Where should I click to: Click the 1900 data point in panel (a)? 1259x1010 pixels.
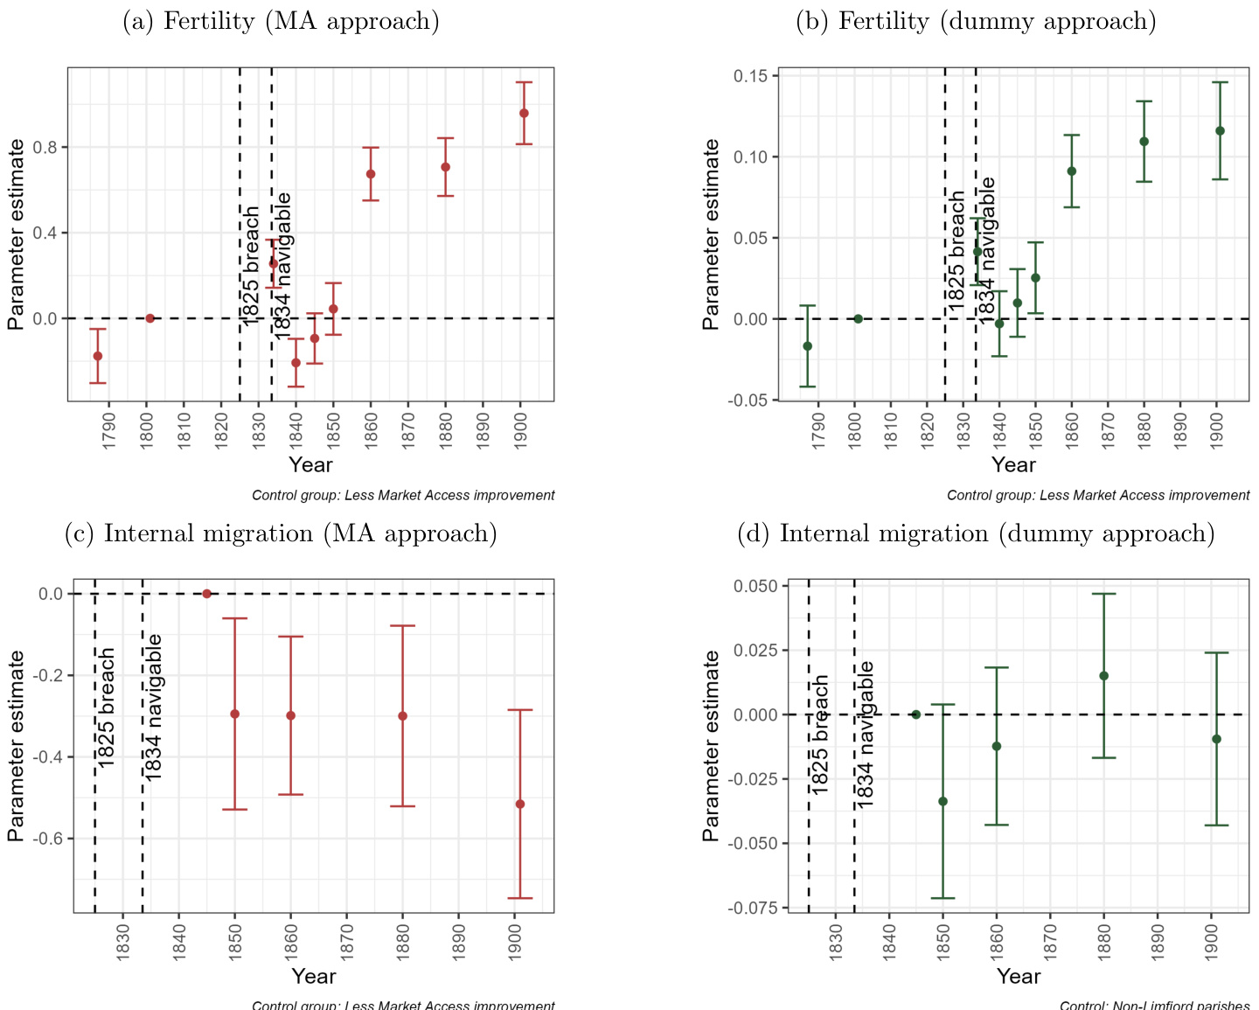pos(524,113)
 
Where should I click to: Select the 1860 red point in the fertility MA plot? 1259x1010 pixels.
pos(371,174)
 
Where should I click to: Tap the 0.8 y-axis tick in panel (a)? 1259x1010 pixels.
pos(45,147)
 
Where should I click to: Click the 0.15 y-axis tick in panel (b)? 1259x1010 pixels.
pos(751,76)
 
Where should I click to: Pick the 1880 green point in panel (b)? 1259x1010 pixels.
pos(1144,142)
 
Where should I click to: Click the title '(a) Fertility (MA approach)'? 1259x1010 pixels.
pos(281,22)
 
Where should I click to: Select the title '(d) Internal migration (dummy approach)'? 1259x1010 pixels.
pos(976,533)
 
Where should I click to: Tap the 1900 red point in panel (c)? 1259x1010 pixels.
pos(520,804)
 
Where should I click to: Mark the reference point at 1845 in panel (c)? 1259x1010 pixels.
pos(207,594)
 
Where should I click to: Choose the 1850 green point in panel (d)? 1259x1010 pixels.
pos(943,801)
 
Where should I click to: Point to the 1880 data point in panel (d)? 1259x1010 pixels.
pos(1103,675)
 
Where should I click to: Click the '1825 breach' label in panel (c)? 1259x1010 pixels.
pos(107,708)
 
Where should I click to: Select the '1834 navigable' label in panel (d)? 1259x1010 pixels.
pos(865,735)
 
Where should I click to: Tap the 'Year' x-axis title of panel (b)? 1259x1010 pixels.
pos(1013,464)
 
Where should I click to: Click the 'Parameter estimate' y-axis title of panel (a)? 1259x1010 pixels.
pos(16,234)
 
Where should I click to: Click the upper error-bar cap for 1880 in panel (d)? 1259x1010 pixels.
pos(1103,594)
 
